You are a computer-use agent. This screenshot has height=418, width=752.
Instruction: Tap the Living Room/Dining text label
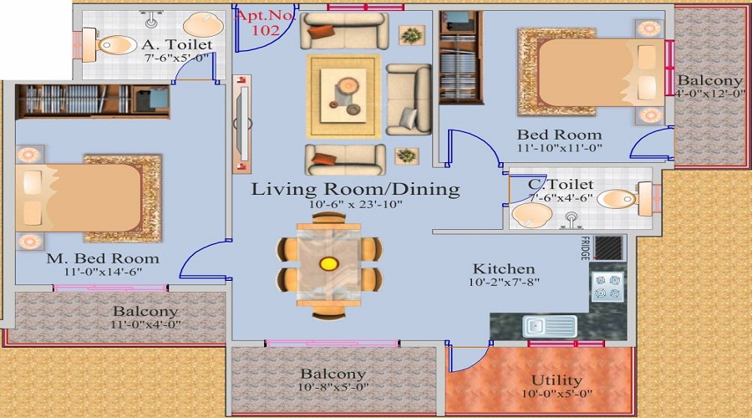pyautogui.click(x=356, y=190)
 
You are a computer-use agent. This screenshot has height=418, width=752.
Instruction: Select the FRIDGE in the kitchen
pyautogui.click(x=610, y=247)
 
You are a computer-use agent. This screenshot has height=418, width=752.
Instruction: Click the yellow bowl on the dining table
pyautogui.click(x=328, y=264)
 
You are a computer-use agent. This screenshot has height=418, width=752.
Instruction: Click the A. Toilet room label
pyautogui.click(x=176, y=44)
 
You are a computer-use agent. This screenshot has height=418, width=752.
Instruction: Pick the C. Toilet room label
pyautogui.click(x=561, y=184)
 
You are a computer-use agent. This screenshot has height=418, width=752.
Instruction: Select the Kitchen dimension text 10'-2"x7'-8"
pyautogui.click(x=503, y=283)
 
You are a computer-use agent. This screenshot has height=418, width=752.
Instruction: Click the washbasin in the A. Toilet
pyautogui.click(x=201, y=23)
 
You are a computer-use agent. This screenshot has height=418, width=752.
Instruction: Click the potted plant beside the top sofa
pyautogui.click(x=410, y=34)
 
